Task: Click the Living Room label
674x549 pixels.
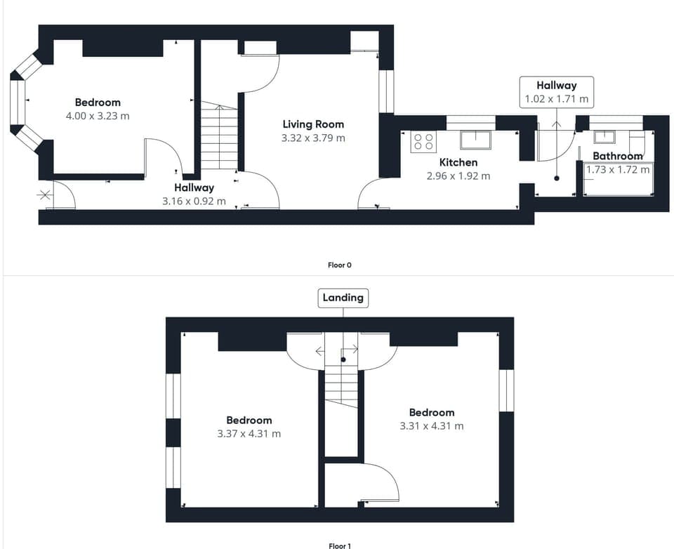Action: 312,124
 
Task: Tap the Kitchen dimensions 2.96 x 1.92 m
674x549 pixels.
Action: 458,176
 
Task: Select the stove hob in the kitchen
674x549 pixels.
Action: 423,141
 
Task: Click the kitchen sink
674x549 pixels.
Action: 476,140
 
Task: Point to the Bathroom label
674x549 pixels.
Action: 617,156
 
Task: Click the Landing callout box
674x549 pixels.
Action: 343,298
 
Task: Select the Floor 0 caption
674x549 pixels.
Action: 339,265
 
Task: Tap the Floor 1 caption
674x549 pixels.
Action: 339,545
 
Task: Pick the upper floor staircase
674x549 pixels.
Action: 342,390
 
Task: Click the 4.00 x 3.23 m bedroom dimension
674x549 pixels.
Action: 98,116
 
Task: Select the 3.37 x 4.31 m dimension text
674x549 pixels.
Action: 249,434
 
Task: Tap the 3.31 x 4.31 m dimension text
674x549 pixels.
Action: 432,425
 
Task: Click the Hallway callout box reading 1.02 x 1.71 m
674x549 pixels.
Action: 557,93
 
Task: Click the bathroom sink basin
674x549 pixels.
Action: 604,137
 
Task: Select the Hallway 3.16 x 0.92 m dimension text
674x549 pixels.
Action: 194,201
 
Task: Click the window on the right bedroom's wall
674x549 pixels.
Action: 506,390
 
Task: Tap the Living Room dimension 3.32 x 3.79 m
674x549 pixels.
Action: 312,138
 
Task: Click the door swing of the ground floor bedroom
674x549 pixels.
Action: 160,154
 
